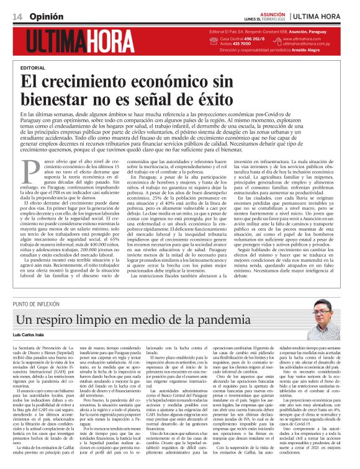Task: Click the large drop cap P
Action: point(27,167)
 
